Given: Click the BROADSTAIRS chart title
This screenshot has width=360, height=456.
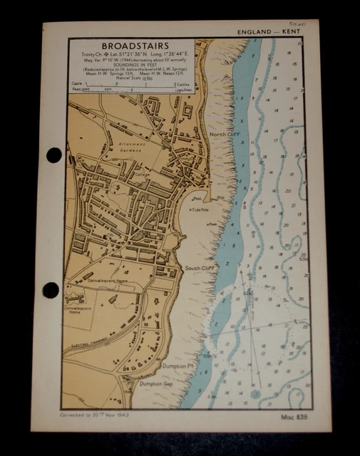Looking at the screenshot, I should (x=130, y=45).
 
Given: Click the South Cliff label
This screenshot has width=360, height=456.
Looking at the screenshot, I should (x=200, y=268).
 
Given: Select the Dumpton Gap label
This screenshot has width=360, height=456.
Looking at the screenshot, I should (x=156, y=383).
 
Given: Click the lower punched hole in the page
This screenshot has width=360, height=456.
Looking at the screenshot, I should (x=51, y=290).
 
